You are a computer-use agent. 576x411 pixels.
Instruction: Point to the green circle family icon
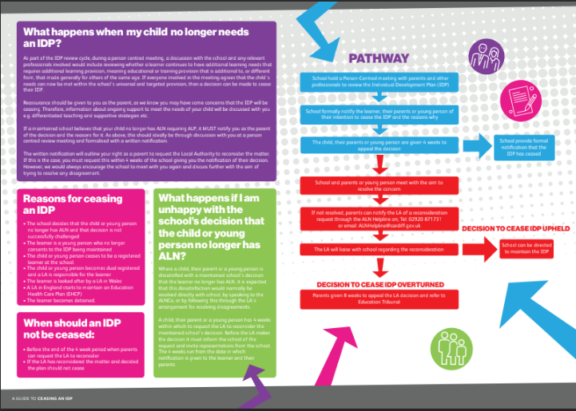click(x=448, y=346)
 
